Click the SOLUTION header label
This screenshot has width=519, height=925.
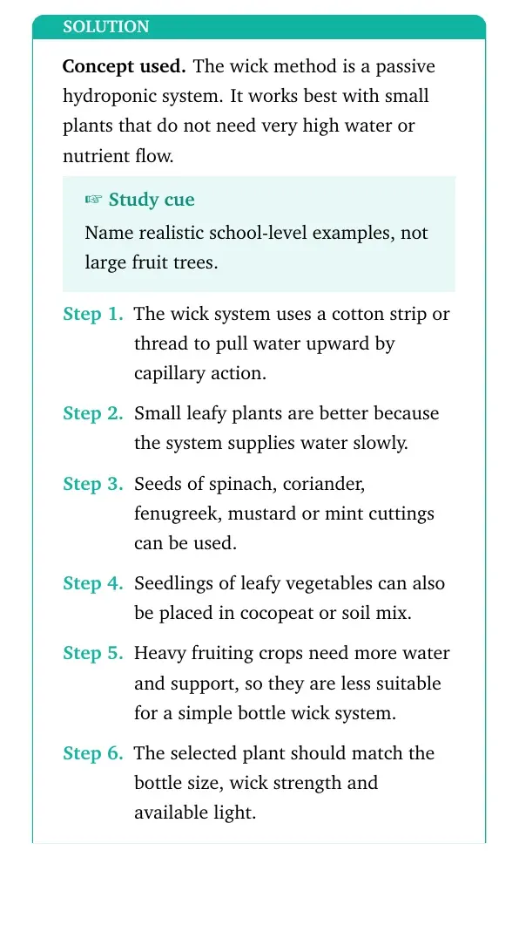[106, 27]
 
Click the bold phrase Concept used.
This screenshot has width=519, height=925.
[125, 66]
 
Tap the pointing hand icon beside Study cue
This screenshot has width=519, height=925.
[94, 200]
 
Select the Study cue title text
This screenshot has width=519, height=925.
[152, 200]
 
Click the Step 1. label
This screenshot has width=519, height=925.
[93, 314]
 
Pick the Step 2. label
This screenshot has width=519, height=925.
[93, 413]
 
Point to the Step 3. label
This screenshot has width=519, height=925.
[93, 484]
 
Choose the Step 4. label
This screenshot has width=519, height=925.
[93, 583]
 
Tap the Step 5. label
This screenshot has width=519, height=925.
[93, 653]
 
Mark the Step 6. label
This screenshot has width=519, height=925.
[93, 752]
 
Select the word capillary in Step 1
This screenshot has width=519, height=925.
[165, 374]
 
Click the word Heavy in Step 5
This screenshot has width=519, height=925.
[154, 654]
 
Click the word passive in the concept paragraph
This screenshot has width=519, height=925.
[405, 66]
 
